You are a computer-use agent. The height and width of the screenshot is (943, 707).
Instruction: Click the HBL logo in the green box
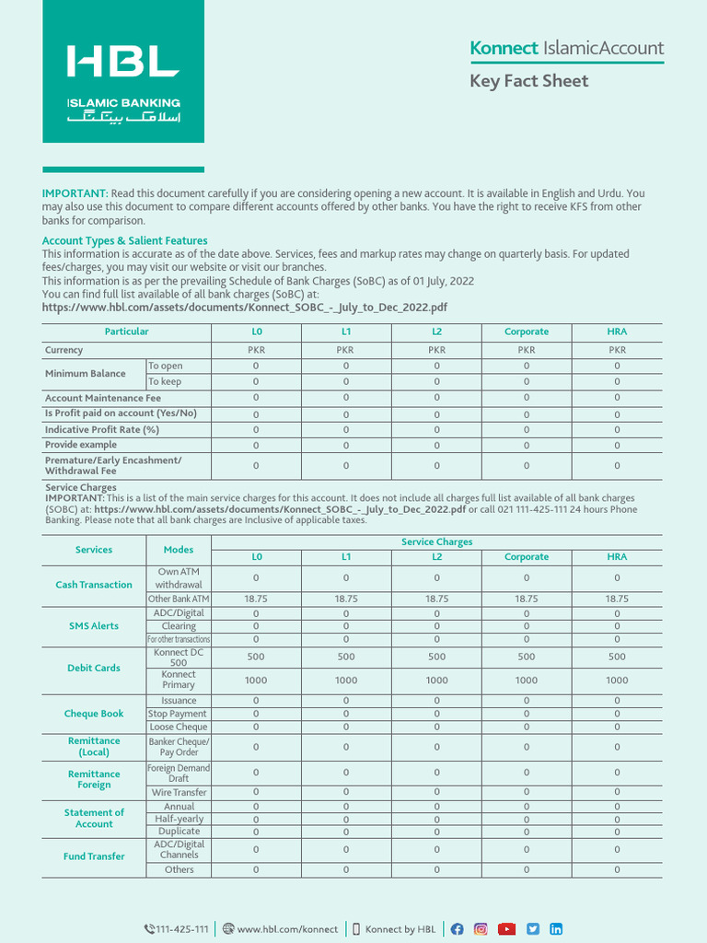coord(122,62)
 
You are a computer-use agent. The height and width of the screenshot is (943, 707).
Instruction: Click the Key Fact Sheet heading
coord(528,81)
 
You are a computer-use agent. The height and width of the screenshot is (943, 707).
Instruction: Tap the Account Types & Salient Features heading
coord(124,240)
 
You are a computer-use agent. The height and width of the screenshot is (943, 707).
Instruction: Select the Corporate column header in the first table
coord(527,332)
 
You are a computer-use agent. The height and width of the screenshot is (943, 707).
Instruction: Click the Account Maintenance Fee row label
coord(103,399)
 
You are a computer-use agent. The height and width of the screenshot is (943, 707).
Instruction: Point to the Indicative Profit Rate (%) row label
coord(102,429)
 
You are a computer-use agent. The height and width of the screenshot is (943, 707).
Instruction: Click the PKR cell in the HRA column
coord(617,350)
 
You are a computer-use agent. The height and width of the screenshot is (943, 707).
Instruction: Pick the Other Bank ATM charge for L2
coord(436,599)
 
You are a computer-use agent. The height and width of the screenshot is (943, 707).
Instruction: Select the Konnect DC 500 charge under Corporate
coord(527,657)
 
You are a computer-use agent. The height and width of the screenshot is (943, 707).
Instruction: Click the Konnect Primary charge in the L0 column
coord(256,680)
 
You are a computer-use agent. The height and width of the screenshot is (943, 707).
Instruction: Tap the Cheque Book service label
coord(94,714)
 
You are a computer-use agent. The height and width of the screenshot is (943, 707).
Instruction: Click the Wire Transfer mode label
coord(179,792)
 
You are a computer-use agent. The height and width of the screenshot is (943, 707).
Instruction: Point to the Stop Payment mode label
coord(179,714)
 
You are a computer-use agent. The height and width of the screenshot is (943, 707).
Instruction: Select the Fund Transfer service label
coord(94,856)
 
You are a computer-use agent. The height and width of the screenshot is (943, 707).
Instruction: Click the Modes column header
coord(179,550)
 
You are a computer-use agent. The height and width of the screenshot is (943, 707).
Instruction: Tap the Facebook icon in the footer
coord(457,929)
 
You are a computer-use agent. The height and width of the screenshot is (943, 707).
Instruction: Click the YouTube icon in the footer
coord(506,929)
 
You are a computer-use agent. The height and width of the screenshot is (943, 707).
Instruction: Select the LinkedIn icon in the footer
coord(556,929)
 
